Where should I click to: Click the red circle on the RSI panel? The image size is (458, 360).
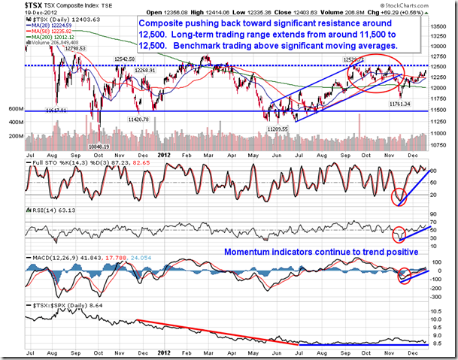pyautogui.click(x=399, y=234)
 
